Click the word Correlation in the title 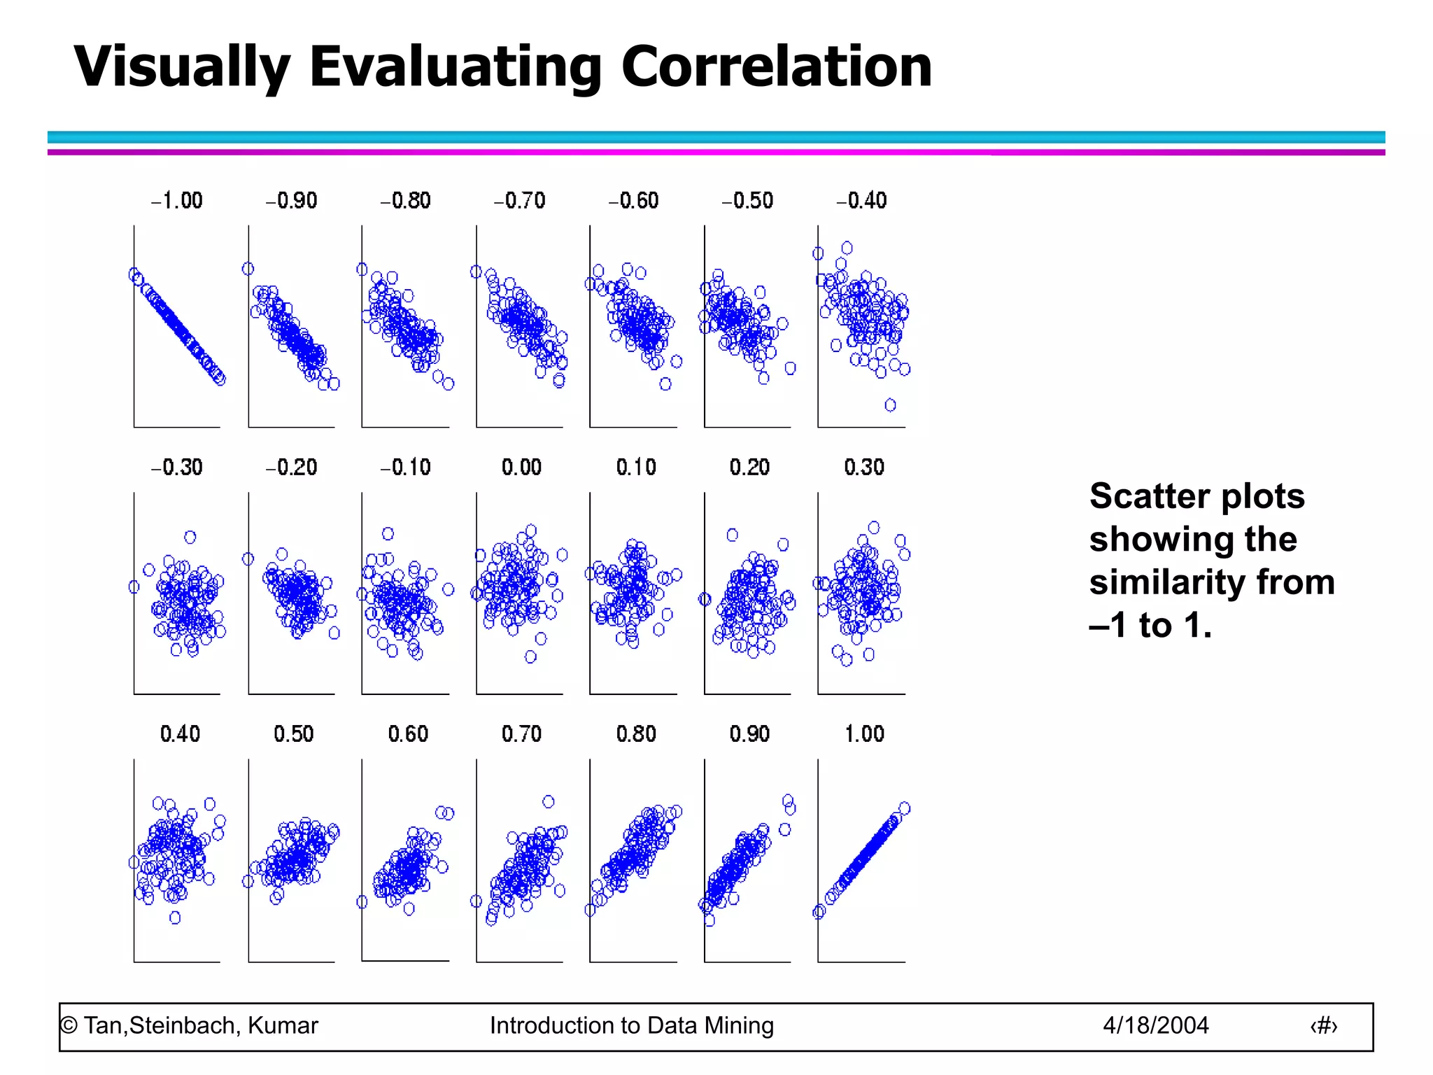[x=776, y=66]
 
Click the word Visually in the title [x=181, y=68]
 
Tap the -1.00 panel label [x=177, y=201]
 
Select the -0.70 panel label [x=519, y=201]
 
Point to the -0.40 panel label [x=861, y=201]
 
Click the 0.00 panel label [x=521, y=468]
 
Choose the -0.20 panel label [x=291, y=468]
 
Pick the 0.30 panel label [x=864, y=468]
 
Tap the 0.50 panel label [x=293, y=734]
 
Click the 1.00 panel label [x=864, y=734]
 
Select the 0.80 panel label [x=636, y=734]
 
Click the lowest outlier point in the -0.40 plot [x=890, y=405]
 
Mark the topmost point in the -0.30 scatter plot [x=190, y=537]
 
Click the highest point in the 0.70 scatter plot [x=549, y=801]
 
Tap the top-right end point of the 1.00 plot [x=904, y=808]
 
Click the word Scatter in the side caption [x=1149, y=496]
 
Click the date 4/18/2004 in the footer [x=1155, y=1025]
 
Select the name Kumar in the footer [x=283, y=1025]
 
